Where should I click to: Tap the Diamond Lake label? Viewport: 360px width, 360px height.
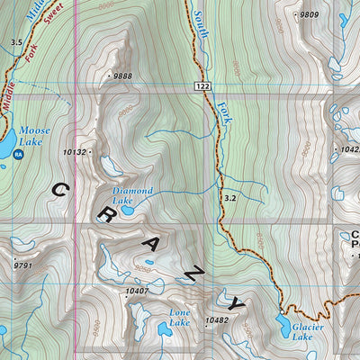tap(132, 196)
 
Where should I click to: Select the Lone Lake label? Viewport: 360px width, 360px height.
tap(179, 317)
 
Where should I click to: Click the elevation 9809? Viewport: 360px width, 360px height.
tap(310, 15)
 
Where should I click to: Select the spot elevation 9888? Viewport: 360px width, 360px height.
tap(122, 76)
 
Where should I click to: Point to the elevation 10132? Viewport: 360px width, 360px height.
tap(76, 153)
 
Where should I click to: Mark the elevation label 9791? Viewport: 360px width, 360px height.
tap(23, 265)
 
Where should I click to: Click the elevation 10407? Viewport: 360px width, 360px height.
tap(137, 291)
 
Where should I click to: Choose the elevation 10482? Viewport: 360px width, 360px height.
tap(217, 320)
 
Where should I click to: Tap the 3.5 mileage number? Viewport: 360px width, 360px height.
tap(16, 42)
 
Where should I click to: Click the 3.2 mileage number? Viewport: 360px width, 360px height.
tap(229, 197)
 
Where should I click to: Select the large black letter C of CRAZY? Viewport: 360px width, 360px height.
tap(60, 191)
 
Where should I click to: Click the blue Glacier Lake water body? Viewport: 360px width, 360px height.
tap(283, 323)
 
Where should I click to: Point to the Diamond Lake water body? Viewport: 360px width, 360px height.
tap(127, 204)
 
